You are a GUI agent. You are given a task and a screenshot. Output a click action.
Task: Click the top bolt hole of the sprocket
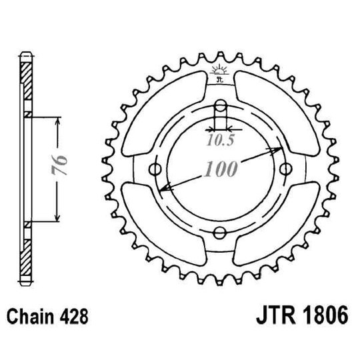(x=219, y=105)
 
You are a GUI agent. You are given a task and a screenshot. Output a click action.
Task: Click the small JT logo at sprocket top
(x=219, y=75)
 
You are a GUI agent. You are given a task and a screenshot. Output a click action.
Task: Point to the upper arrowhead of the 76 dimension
(x=59, y=119)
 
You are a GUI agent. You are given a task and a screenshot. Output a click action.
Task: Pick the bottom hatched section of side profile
(x=26, y=257)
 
